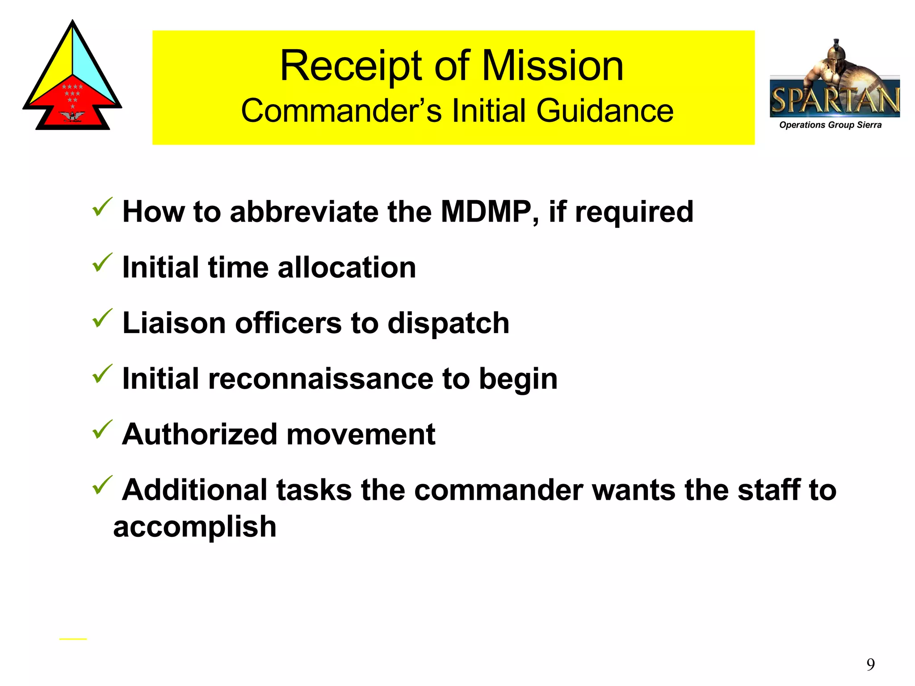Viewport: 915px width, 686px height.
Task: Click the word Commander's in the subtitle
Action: coord(342,111)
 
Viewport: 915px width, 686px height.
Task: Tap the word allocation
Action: coord(347,268)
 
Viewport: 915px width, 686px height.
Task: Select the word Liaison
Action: coord(174,323)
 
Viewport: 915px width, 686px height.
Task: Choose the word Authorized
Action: coord(199,434)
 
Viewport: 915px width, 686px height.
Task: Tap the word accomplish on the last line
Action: coord(195,527)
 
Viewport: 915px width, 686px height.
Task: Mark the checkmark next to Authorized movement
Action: coord(102,430)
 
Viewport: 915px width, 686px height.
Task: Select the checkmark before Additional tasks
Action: coord(102,485)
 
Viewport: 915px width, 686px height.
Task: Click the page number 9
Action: coord(870,665)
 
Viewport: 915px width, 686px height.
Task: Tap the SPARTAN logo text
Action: coord(835,100)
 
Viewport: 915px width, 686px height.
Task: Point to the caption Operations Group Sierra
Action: coord(830,125)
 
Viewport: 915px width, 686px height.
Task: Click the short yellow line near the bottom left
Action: coord(73,639)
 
